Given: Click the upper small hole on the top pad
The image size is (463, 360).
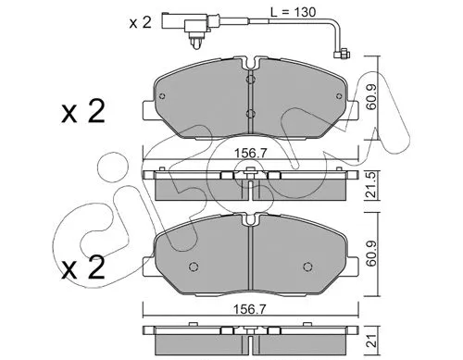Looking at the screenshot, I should tap(251, 81).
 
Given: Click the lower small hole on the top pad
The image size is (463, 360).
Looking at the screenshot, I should tap(251, 115).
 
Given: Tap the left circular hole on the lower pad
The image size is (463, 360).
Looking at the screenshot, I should tap(192, 269).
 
